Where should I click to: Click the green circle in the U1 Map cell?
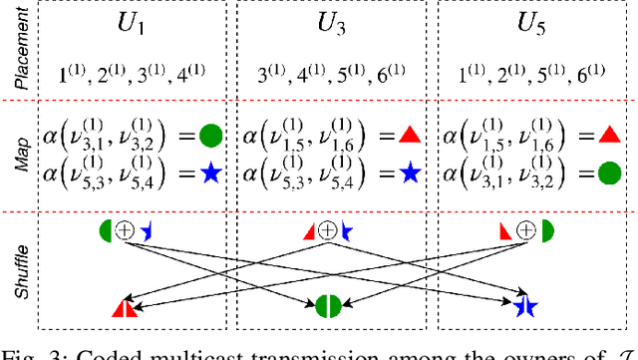click(x=210, y=136)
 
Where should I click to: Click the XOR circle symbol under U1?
click(x=125, y=230)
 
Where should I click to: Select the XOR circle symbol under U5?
click(x=526, y=230)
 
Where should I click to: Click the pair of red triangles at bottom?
click(x=124, y=307)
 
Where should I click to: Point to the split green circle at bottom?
click(x=329, y=305)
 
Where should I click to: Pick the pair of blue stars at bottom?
click(x=525, y=305)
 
